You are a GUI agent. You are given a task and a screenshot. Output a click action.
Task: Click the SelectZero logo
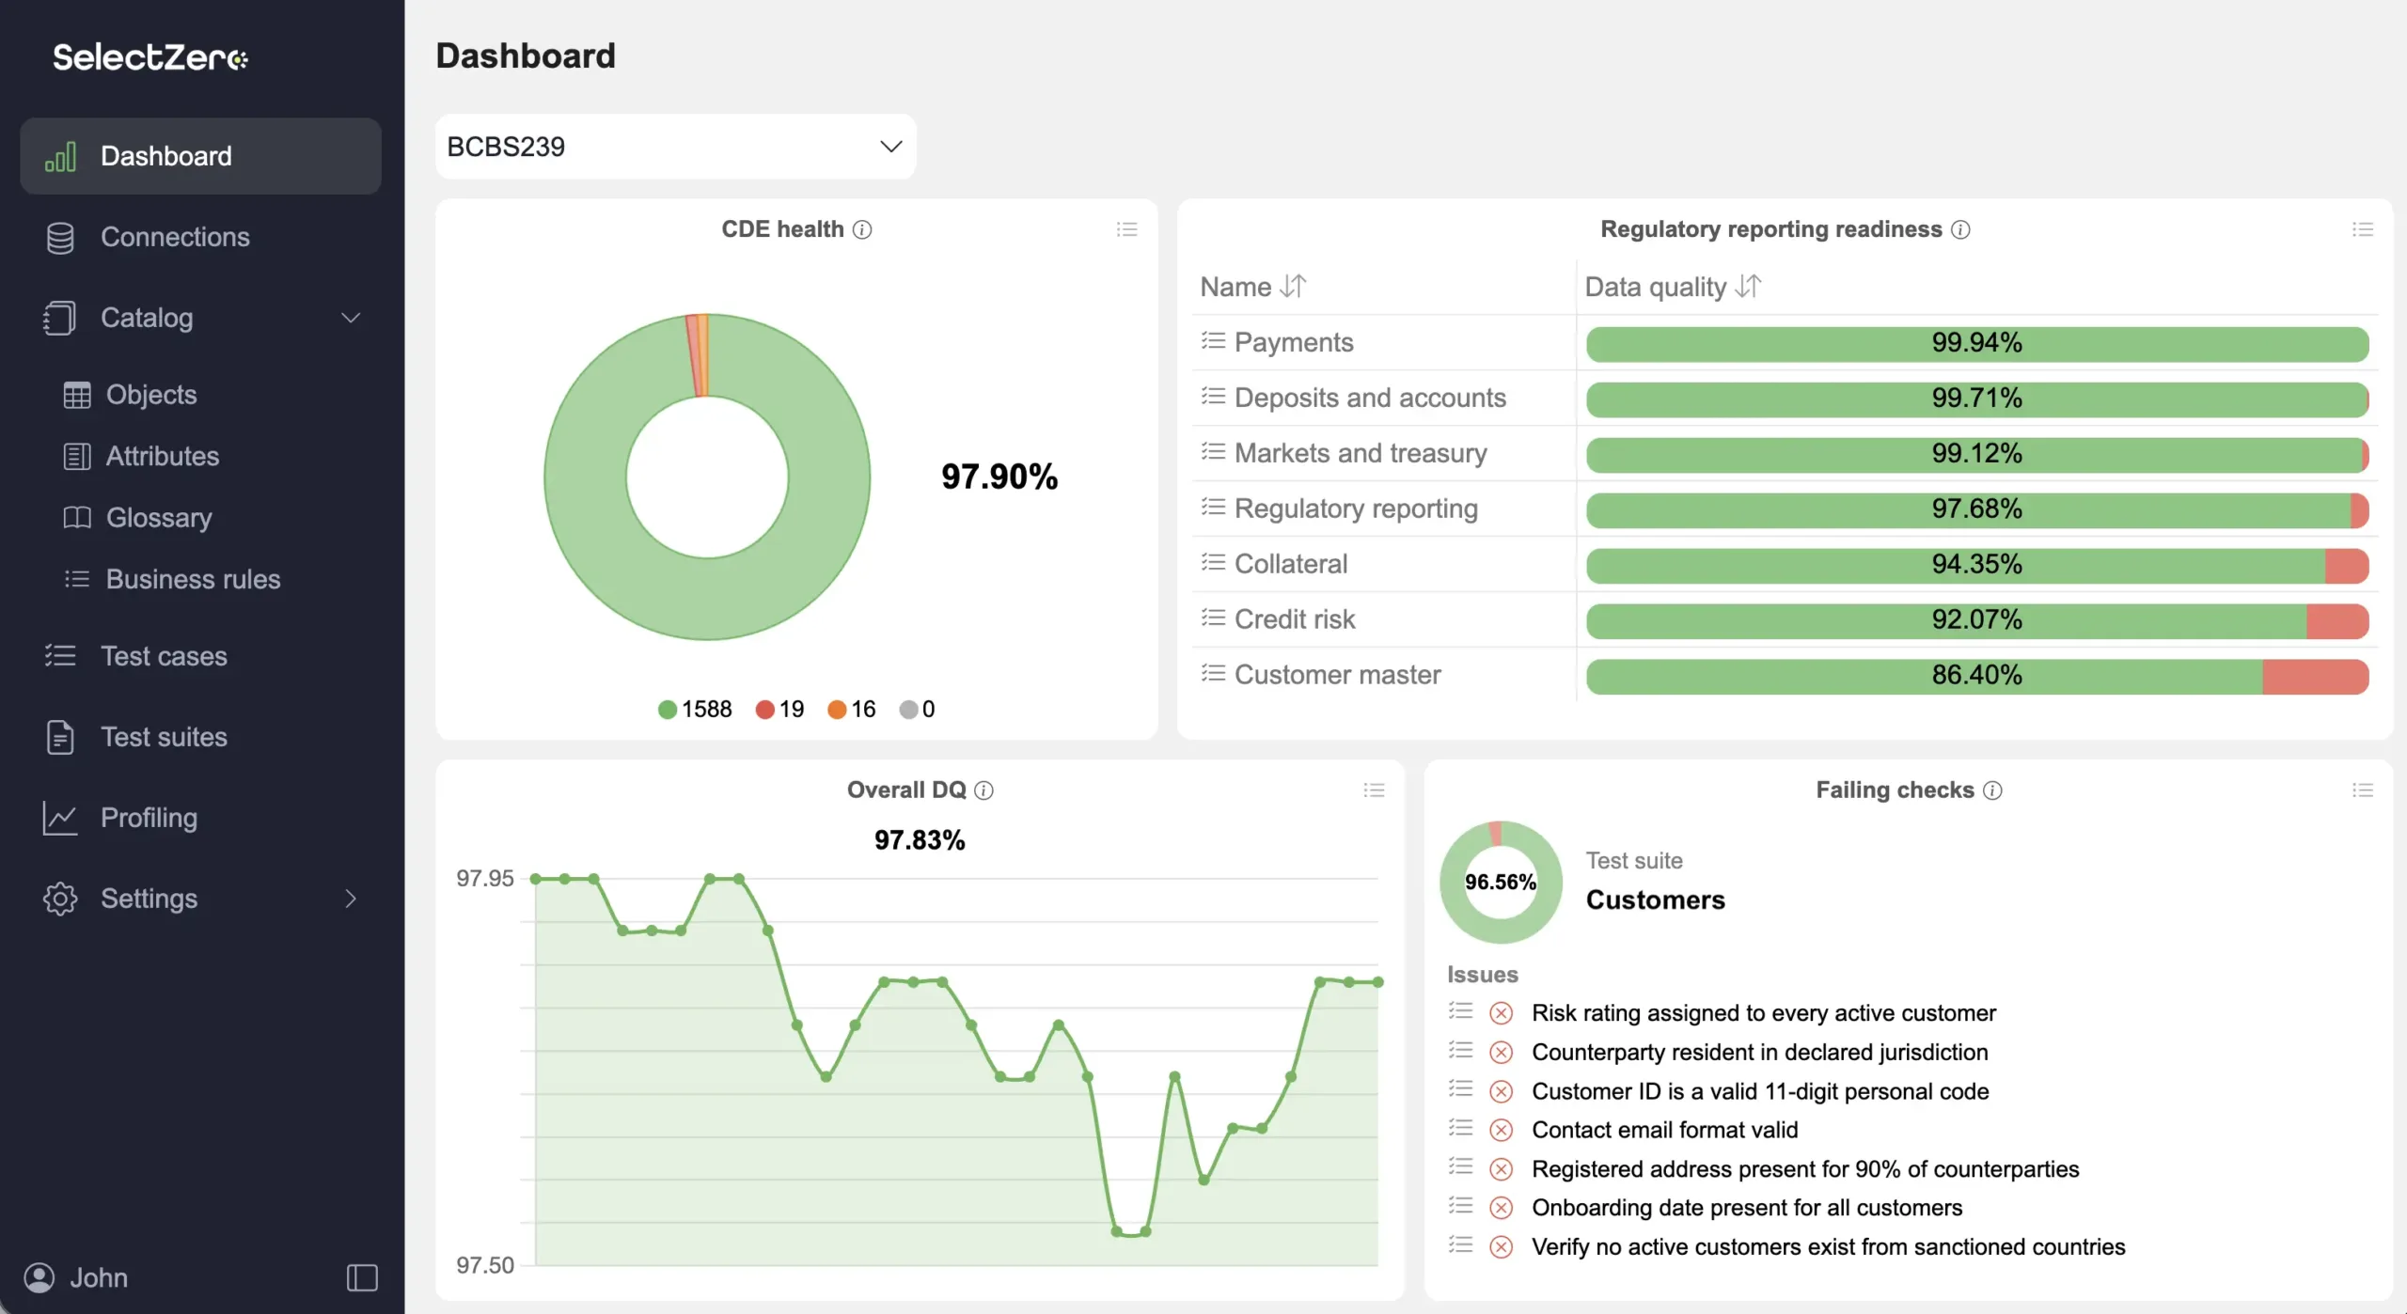pos(150,57)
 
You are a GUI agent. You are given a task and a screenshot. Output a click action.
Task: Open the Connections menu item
pos(175,237)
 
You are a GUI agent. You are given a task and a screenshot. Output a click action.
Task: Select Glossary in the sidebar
pos(159,517)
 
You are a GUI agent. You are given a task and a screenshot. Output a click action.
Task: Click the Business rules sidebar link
pos(193,579)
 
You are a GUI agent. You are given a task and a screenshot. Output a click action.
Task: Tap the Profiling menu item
pos(149,818)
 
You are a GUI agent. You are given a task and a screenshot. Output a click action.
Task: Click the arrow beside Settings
pos(351,899)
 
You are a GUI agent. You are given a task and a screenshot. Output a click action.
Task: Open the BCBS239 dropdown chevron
pos(890,147)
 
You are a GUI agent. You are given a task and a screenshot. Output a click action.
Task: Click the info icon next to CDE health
pos(862,229)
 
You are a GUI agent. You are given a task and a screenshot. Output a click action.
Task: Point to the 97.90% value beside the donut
pos(999,477)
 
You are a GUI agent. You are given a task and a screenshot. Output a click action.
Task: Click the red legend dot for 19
pos(764,710)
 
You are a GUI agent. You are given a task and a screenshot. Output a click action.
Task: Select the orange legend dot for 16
pos(836,710)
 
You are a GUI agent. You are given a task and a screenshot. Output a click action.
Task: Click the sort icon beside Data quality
pos(1748,286)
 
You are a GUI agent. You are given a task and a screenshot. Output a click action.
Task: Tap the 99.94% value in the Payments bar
pos(1976,342)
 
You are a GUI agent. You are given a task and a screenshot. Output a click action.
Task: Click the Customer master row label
pos(1337,675)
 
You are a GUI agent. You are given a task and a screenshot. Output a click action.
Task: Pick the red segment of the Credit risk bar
pos(2336,621)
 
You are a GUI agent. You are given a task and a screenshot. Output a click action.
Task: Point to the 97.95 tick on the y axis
pos(485,879)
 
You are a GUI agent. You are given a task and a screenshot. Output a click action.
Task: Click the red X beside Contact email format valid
pos(1502,1130)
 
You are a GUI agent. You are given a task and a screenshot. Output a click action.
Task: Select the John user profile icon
pos(39,1278)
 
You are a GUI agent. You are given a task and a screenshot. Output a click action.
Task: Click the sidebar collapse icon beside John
pos(362,1278)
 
